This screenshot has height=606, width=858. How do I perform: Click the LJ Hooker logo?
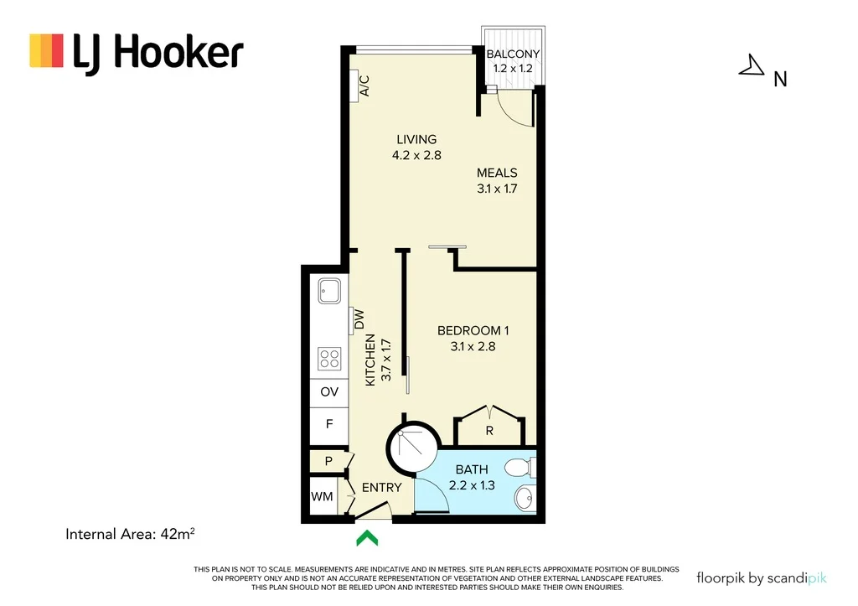pyautogui.click(x=137, y=52)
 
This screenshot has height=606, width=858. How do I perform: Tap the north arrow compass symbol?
pyautogui.click(x=752, y=66)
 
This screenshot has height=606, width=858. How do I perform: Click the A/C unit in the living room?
pyautogui.click(x=361, y=85)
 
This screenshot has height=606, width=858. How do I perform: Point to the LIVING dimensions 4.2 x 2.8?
pyautogui.click(x=416, y=155)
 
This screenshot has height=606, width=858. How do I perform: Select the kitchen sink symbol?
pyautogui.click(x=328, y=292)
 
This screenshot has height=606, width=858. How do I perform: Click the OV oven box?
pyautogui.click(x=329, y=392)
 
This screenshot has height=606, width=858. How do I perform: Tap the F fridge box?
pyautogui.click(x=329, y=424)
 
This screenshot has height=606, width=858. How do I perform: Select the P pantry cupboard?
pyautogui.click(x=328, y=461)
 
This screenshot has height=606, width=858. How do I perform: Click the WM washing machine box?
pyautogui.click(x=322, y=496)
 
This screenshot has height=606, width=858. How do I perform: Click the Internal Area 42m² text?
pyautogui.click(x=136, y=532)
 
